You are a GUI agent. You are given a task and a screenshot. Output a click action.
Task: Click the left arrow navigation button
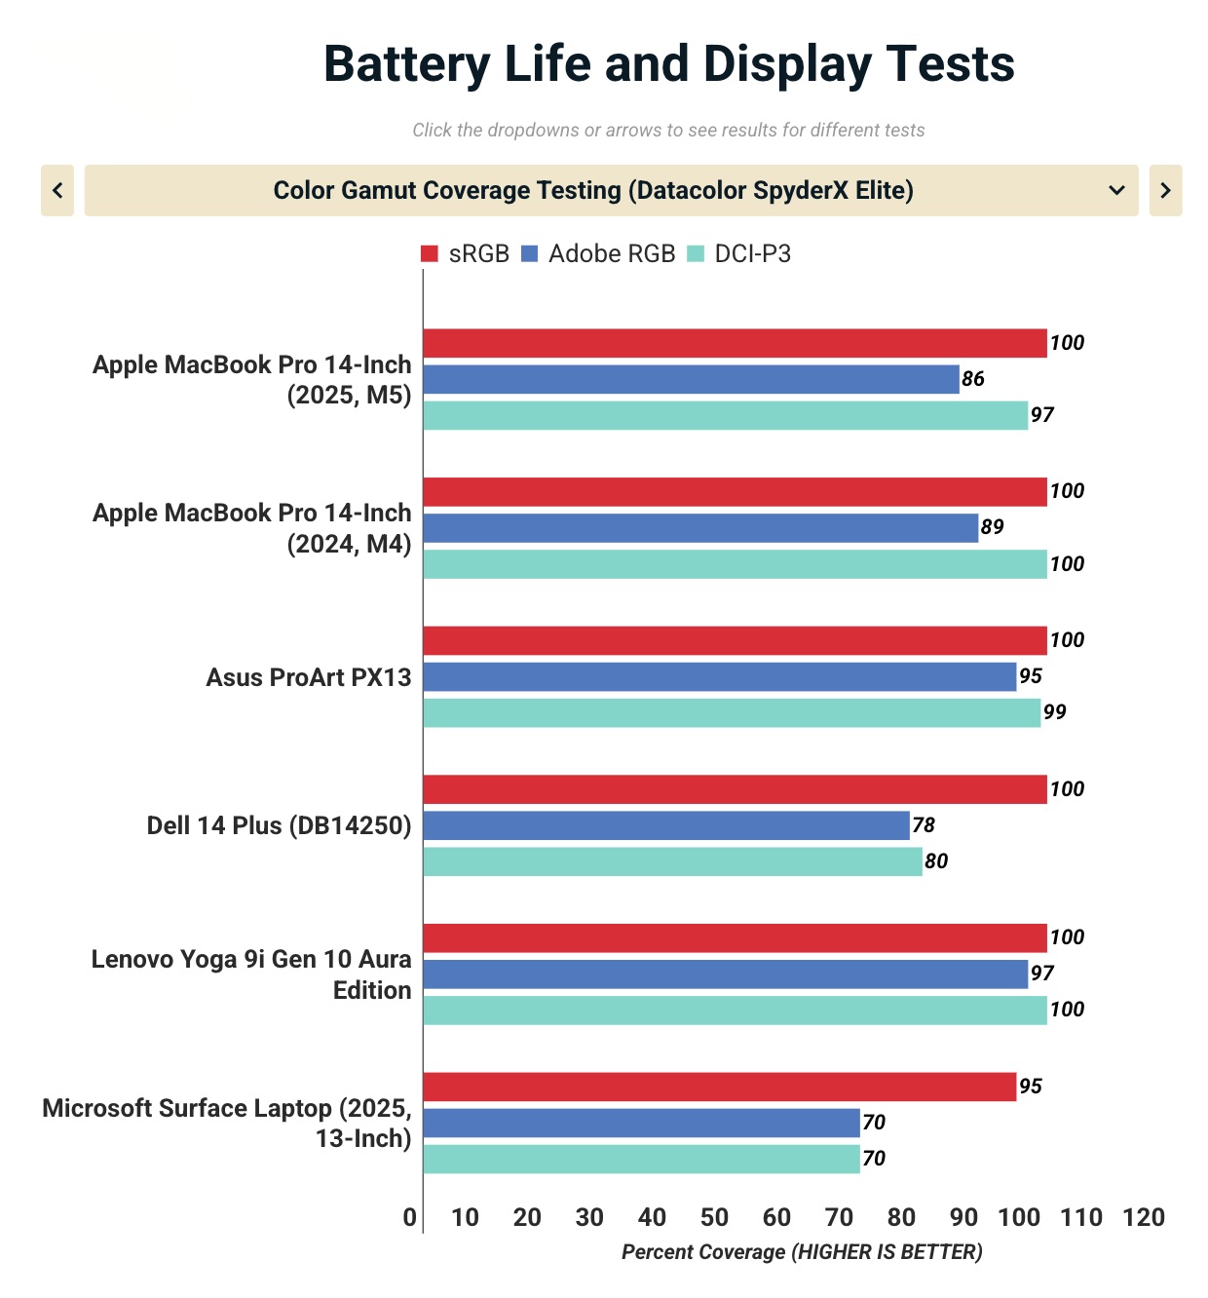click(57, 190)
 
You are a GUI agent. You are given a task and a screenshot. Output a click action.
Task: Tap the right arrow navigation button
click(1165, 190)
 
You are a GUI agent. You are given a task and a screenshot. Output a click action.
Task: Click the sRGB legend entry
click(465, 254)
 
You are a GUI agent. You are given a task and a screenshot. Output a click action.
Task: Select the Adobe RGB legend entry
click(598, 254)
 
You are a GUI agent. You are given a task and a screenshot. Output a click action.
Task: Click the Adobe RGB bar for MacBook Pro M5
click(691, 379)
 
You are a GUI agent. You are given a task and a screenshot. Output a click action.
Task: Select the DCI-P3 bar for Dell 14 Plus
click(672, 861)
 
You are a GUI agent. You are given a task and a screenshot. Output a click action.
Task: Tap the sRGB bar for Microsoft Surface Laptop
click(719, 1087)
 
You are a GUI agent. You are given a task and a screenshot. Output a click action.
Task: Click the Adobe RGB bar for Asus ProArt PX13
click(719, 676)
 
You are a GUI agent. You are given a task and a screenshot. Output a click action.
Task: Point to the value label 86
click(973, 379)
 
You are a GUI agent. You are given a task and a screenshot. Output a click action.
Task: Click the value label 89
click(992, 527)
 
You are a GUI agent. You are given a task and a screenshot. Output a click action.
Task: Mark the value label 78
click(924, 825)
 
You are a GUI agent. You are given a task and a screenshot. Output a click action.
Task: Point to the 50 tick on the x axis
click(714, 1217)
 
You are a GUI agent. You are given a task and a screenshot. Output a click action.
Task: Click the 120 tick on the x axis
click(1144, 1217)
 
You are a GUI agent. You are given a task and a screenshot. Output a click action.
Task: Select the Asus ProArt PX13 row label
click(309, 677)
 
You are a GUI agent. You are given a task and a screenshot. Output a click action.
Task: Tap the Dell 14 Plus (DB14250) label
click(279, 825)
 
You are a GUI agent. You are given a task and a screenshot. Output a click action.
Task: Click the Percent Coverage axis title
click(802, 1252)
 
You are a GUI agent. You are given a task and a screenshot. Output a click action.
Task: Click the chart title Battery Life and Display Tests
click(668, 64)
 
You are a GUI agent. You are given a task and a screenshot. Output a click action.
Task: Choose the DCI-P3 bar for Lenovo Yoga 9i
click(735, 1010)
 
